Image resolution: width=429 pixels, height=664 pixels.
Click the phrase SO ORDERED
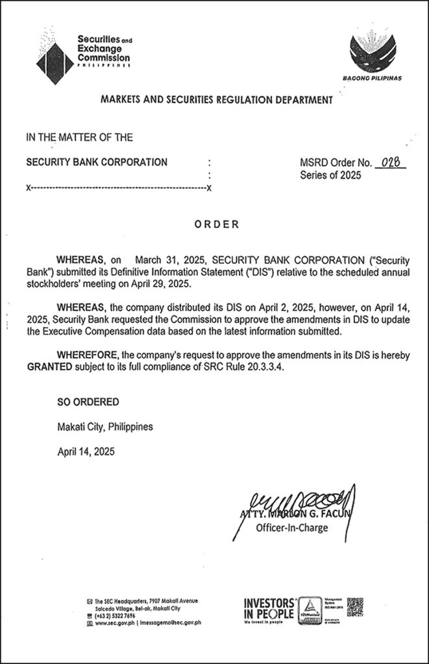88,402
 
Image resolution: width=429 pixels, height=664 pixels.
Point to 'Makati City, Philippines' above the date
105,427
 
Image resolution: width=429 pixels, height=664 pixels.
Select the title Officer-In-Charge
292,527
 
